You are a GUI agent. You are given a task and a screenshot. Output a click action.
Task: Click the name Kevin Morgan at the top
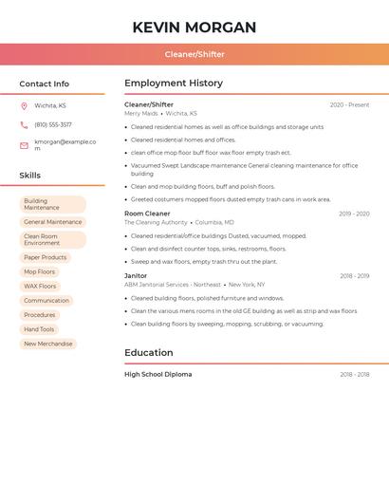tap(194, 28)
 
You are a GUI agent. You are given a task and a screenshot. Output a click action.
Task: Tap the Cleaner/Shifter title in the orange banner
tap(194, 54)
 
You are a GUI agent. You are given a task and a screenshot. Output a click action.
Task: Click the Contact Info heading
tap(44, 84)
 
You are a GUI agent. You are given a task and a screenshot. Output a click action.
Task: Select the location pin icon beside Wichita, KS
tap(24, 105)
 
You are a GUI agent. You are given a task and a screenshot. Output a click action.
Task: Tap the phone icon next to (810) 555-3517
tap(24, 124)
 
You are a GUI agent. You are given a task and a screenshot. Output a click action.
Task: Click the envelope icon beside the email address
tap(24, 145)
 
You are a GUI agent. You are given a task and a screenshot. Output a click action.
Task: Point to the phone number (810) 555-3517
tap(53, 124)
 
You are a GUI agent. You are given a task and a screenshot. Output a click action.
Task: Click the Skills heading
tap(29, 176)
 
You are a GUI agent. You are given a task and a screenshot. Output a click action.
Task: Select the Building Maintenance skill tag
tap(52, 204)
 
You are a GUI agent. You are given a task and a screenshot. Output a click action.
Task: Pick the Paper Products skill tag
tap(46, 257)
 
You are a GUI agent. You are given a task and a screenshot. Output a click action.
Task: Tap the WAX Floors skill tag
tap(40, 286)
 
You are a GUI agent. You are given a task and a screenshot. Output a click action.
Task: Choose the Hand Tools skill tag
tap(39, 329)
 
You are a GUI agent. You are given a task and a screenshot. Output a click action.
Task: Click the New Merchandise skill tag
tap(48, 344)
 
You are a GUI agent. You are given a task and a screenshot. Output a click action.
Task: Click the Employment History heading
tap(174, 84)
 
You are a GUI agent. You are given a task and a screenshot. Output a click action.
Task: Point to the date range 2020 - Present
tap(349, 104)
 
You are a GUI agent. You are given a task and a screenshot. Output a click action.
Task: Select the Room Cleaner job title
tap(147, 214)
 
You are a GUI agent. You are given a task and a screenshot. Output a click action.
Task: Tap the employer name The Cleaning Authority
tap(156, 222)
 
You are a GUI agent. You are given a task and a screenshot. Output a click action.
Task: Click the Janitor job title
tap(136, 275)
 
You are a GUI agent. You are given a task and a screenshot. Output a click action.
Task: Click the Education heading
tap(149, 353)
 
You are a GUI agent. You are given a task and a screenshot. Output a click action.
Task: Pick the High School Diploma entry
tap(157, 374)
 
